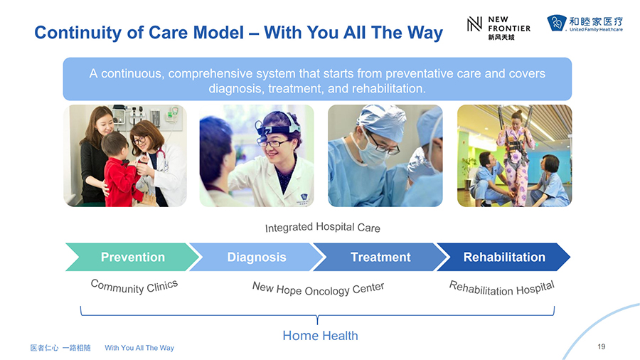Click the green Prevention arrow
133,257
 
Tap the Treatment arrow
381,257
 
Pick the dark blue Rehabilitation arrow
504,257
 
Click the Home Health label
321,336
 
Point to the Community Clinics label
134,286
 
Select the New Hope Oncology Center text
318,289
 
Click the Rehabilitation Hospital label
501,287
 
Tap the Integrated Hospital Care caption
322,228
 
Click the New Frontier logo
498,28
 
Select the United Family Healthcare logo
585,23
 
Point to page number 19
601,346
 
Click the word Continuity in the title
78,33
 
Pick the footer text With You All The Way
139,348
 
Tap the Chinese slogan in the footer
60,348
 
